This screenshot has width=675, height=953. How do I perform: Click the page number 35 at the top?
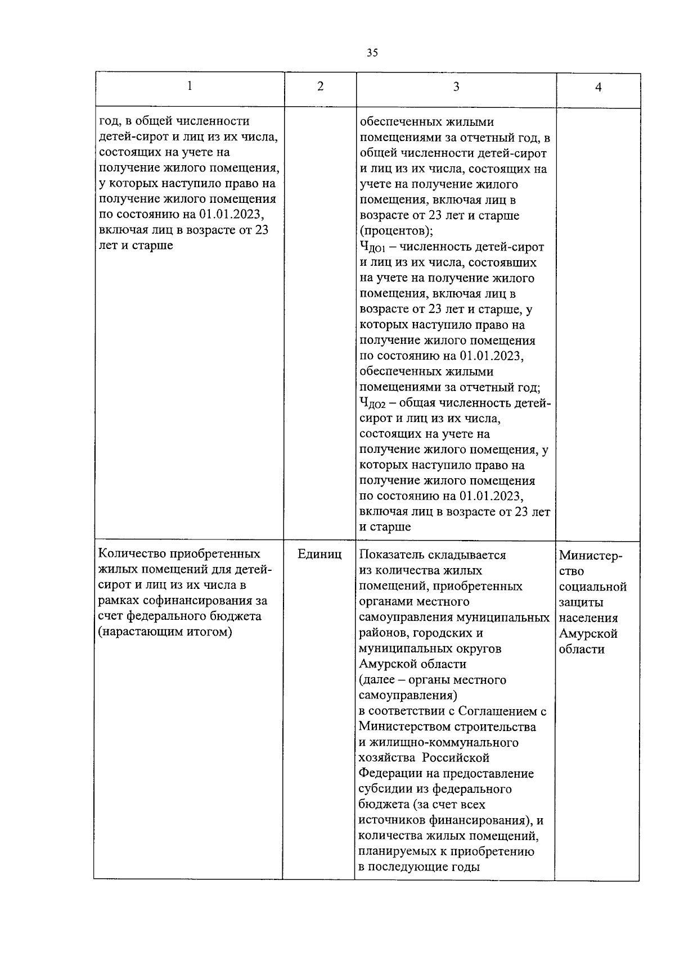click(372, 53)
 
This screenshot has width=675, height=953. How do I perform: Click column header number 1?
click(190, 86)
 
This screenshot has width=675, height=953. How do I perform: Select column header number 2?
click(320, 87)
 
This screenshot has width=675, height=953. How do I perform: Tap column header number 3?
click(456, 87)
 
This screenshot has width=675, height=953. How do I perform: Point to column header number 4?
click(598, 87)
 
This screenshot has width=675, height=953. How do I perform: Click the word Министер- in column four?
click(591, 556)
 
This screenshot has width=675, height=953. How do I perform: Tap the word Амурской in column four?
click(588, 634)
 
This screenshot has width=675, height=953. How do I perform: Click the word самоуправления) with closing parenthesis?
click(408, 696)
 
